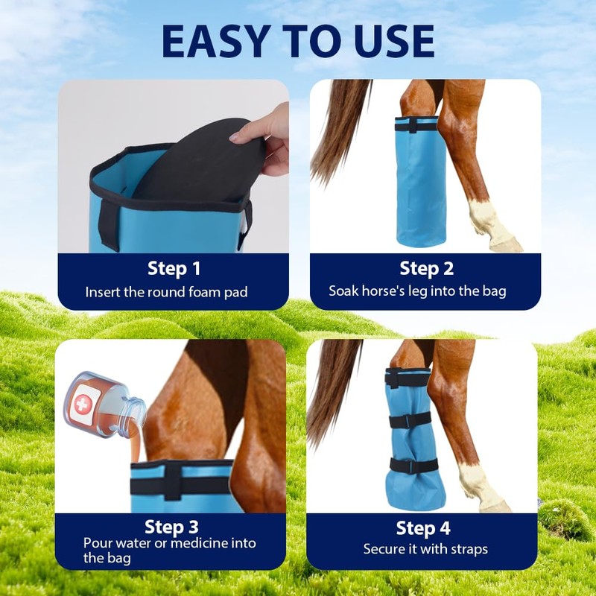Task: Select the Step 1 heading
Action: tap(174, 268)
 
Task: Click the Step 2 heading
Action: tap(425, 268)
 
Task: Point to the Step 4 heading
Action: tap(422, 528)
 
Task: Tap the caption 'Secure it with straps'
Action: tap(425, 549)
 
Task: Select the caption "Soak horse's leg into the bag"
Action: tap(417, 291)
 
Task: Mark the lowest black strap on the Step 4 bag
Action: tap(413, 466)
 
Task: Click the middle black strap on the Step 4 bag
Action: tap(413, 422)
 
